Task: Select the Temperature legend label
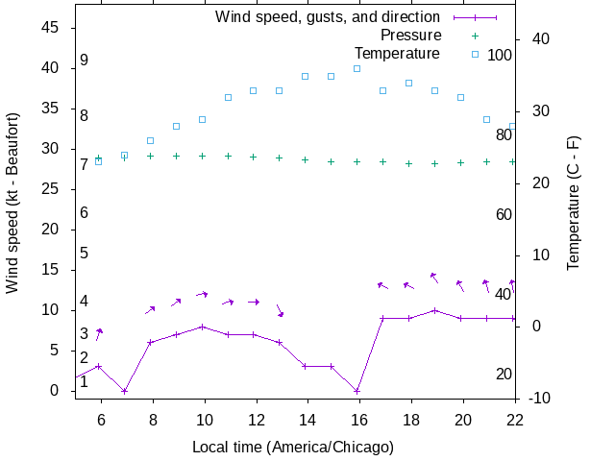[x=397, y=53]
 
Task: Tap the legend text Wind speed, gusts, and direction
[x=327, y=17]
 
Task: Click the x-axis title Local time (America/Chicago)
[x=293, y=447]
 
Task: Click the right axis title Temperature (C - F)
[x=574, y=203]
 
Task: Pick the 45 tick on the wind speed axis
[x=50, y=28]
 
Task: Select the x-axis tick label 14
[x=306, y=420]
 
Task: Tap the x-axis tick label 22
[x=515, y=420]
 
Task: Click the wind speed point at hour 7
[x=124, y=391]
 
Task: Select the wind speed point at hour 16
[x=357, y=391]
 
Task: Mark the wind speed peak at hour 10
[x=202, y=327]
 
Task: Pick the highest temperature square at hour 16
[x=357, y=68]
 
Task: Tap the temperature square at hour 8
[x=150, y=140]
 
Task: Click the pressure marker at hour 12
[x=254, y=157]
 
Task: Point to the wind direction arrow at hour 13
[x=280, y=310]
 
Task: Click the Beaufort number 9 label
[x=85, y=61]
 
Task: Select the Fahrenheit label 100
[x=500, y=55]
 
